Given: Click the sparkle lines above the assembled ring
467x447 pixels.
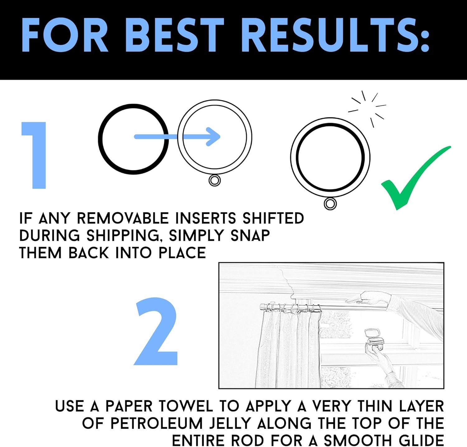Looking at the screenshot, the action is pos(367,109).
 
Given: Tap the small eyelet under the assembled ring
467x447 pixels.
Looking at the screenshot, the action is pos(330,204).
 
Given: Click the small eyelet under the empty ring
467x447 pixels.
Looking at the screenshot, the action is pos(215,180).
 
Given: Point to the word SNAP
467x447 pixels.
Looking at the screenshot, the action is pos(250,235).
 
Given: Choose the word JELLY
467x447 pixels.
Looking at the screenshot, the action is pos(230,423).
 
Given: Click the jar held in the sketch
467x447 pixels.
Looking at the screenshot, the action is pos(374,337).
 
